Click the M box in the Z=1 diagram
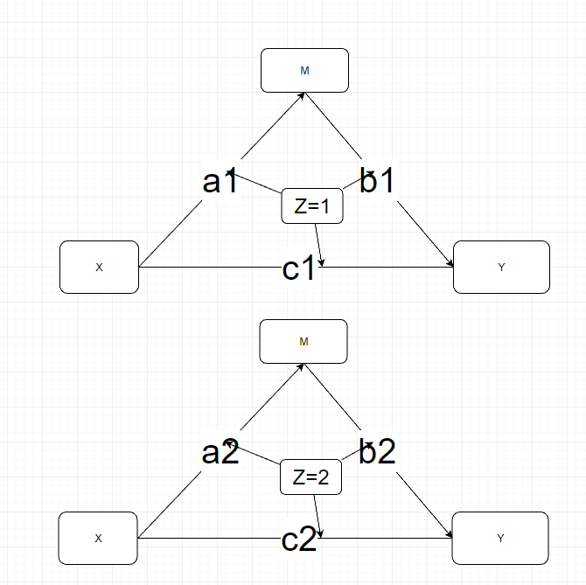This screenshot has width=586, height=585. (x=304, y=70)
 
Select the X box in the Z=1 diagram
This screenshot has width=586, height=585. (x=99, y=267)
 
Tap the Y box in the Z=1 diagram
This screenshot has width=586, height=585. (x=501, y=267)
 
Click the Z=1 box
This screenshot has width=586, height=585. (x=312, y=205)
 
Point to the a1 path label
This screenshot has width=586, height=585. (x=220, y=181)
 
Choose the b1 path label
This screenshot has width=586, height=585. (x=377, y=180)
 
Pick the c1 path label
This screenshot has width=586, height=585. (x=298, y=268)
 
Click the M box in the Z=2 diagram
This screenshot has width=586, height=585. (x=303, y=341)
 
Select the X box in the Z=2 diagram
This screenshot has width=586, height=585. (x=98, y=538)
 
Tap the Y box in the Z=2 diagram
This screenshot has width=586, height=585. (x=500, y=538)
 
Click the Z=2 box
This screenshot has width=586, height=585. (x=311, y=477)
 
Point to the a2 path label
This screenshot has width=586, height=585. (x=220, y=452)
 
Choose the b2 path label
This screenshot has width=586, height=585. (x=377, y=451)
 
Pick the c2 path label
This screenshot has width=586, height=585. (x=299, y=539)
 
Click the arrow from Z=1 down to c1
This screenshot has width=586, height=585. (x=318, y=245)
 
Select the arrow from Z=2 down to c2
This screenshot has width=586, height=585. (x=317, y=516)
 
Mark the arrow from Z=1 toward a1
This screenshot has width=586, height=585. (x=255, y=183)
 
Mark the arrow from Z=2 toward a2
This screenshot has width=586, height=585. (x=253, y=453)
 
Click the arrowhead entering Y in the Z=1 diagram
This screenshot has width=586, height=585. (x=450, y=263)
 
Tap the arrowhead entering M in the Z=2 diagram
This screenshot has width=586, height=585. (x=300, y=367)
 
